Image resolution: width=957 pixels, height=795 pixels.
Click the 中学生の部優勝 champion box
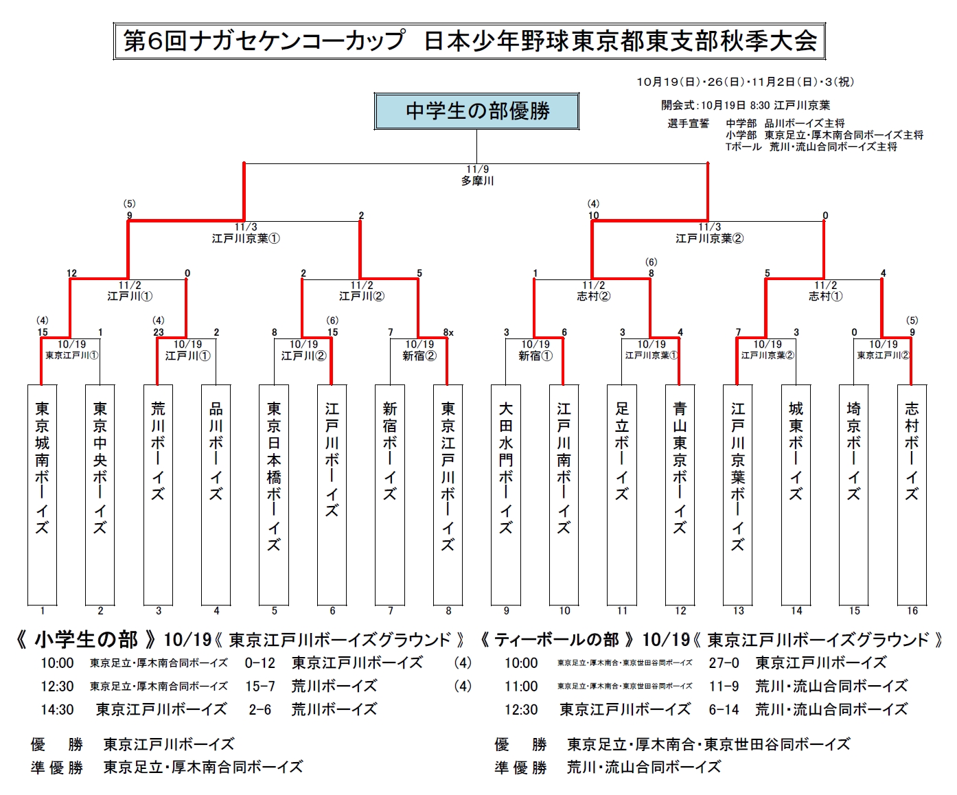pos(476,111)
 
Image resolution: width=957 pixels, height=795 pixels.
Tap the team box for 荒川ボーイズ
pos(158,494)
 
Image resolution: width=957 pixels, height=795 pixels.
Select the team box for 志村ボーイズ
pos(912,494)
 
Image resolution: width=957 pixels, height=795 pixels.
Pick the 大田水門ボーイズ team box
pos(506,494)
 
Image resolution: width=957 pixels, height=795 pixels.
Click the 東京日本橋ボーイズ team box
pos(274,494)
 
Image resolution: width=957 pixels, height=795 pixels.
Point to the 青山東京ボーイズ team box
pos(680,494)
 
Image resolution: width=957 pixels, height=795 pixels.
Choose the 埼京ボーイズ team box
pos(854,494)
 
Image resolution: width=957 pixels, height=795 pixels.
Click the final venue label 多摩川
pos(477,181)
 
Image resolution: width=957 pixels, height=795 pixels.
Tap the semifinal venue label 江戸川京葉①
pos(246,239)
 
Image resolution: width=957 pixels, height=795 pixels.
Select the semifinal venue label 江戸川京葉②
pos(709,239)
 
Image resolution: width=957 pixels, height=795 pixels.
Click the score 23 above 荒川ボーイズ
pos(159,332)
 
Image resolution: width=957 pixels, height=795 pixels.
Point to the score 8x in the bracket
pos(448,332)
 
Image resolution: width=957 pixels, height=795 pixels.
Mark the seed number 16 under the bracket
pos(912,610)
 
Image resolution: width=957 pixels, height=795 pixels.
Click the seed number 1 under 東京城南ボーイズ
pos(43,610)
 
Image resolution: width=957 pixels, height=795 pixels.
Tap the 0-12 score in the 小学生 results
pos(260,663)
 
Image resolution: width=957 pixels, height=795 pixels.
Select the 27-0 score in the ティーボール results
pos(724,663)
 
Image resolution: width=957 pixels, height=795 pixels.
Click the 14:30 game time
pos(57,709)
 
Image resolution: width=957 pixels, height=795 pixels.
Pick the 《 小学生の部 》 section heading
pos(87,640)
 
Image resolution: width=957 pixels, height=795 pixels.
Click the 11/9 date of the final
pos(477,170)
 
